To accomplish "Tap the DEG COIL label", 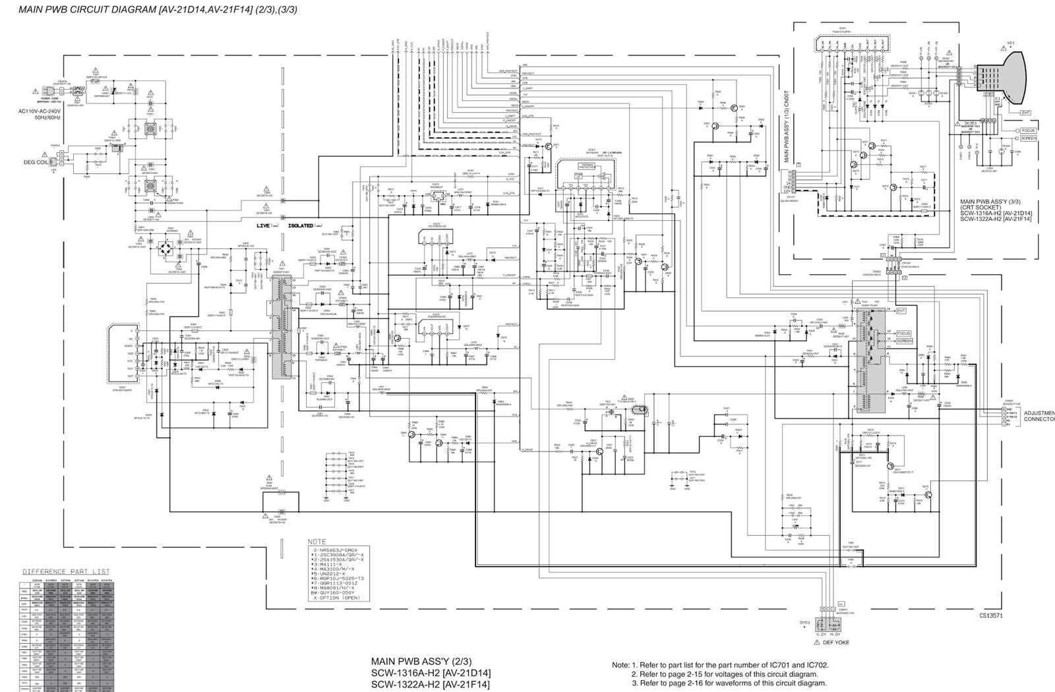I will pos(36,162).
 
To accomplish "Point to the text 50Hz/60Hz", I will pos(40,117).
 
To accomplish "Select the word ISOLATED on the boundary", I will pos(301,225).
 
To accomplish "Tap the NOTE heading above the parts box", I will pos(316,542).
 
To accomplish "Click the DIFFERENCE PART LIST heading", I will pos(66,571).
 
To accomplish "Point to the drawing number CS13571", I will pos(991,616).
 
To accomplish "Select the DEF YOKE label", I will pos(835,642).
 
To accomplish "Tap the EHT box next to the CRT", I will pos(1025,113).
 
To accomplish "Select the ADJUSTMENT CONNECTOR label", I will pos(1039,416).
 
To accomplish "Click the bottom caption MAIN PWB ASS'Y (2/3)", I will pos(421,661).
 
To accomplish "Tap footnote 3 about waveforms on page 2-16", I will pos(729,683).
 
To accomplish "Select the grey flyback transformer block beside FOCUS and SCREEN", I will pos(868,359).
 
